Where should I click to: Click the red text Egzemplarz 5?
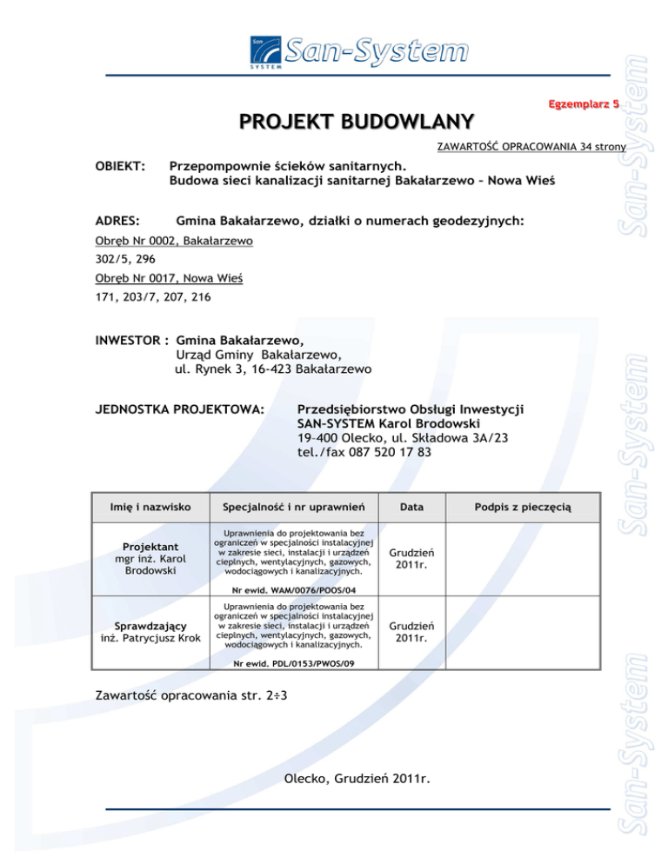[582, 104]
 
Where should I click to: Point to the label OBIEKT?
[119, 163]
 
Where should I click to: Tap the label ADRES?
[117, 222]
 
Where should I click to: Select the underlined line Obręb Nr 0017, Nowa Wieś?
[168, 278]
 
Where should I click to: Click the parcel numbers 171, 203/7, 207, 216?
[151, 297]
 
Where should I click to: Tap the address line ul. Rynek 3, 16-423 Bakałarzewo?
[273, 369]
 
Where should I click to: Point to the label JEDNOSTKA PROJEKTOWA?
[179, 407]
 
